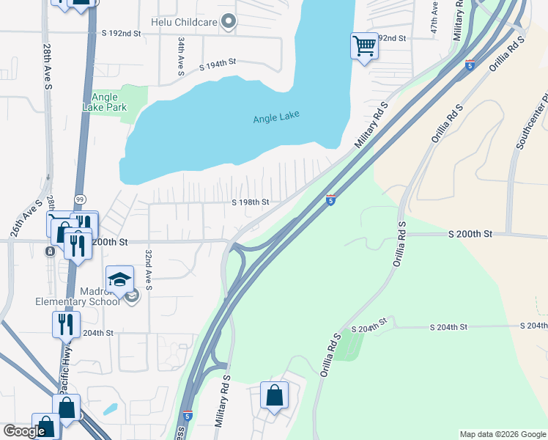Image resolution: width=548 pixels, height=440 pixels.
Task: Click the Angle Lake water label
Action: point(276,117)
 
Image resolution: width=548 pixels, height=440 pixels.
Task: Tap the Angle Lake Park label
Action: point(109,102)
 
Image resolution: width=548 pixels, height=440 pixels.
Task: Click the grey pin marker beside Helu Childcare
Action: point(229,22)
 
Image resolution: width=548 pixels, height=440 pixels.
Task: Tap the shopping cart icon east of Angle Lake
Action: point(364,46)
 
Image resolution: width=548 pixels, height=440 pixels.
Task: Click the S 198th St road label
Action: point(251,202)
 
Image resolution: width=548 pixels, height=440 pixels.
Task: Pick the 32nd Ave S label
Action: point(148,269)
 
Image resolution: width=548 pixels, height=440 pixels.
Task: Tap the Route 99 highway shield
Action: point(79,199)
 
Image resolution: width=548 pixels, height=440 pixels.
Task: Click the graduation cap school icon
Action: point(120,279)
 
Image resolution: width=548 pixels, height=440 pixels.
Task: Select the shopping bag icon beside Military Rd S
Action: point(274,395)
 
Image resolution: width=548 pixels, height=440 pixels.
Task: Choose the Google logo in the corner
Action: point(23,431)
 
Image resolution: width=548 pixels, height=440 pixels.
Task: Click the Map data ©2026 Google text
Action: point(503,434)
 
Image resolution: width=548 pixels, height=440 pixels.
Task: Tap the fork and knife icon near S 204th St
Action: point(66,323)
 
